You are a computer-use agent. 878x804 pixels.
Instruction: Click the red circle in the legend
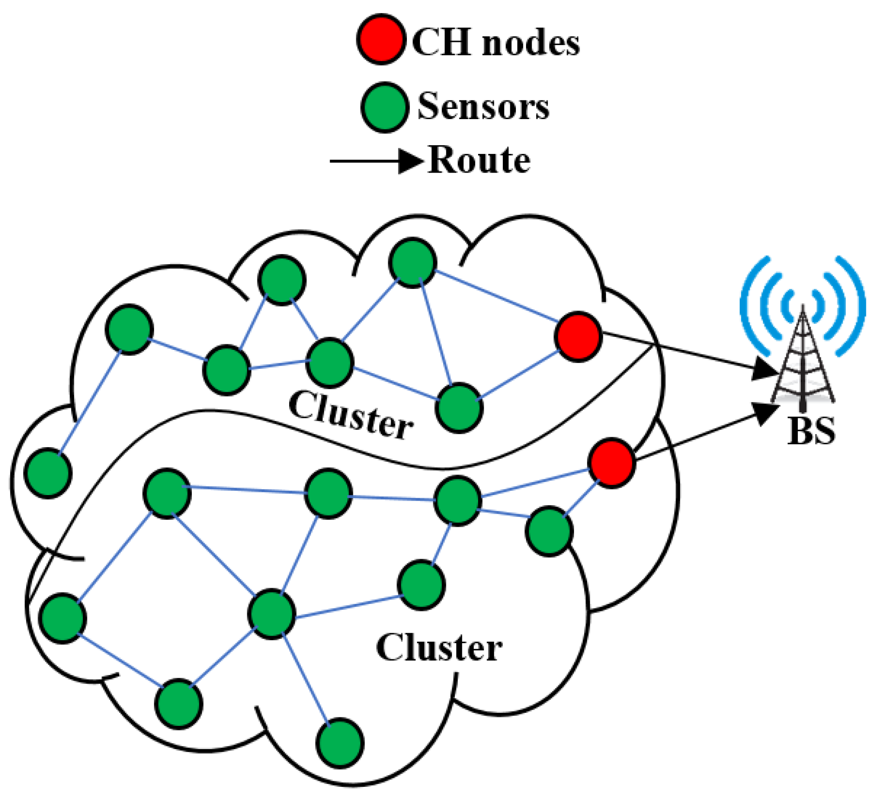pos(381,40)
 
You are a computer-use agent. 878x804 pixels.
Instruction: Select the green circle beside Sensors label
pos(385,107)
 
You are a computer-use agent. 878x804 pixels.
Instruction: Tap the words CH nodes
pos(496,43)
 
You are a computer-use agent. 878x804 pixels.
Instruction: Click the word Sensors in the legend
pos(483,107)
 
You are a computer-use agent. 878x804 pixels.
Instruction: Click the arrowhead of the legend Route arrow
pos(410,161)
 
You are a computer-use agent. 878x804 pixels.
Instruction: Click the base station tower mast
pos(803,363)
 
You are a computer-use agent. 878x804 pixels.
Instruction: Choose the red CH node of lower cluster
pos(611,463)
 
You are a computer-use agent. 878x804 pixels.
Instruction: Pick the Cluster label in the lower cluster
pos(439,648)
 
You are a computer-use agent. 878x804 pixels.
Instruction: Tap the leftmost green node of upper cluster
pos(48,473)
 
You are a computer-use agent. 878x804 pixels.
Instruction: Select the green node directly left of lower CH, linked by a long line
pos(457,501)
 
